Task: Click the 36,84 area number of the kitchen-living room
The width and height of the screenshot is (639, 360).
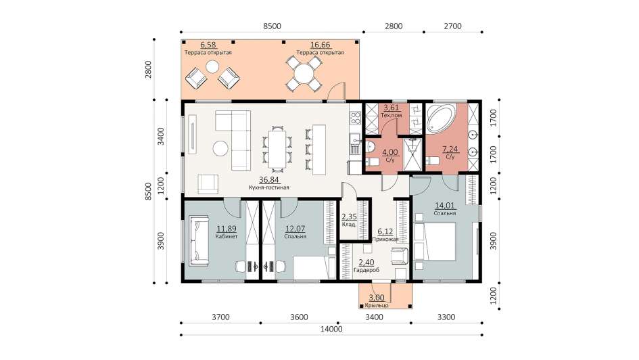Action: (x=269, y=180)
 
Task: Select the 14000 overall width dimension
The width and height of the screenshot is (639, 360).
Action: (x=331, y=329)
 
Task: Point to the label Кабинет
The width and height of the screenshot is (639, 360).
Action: (x=226, y=236)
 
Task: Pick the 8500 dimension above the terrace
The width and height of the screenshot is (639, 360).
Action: (x=272, y=26)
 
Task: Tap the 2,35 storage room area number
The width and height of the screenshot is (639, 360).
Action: (x=349, y=217)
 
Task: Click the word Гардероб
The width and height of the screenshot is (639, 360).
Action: (x=366, y=269)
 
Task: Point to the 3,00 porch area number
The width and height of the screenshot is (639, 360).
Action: (x=376, y=298)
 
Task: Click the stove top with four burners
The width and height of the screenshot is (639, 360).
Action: (x=356, y=118)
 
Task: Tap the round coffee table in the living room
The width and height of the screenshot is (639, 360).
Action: (x=221, y=148)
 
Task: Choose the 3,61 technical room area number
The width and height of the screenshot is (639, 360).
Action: (x=392, y=108)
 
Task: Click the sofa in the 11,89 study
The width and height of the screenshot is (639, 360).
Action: (x=199, y=241)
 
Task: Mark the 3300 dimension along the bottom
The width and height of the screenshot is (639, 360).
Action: (x=446, y=317)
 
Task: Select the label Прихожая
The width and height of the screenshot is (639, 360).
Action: (x=385, y=240)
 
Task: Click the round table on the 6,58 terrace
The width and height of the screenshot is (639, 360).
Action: (x=212, y=66)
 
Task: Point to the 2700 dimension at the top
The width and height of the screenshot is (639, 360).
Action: (x=452, y=26)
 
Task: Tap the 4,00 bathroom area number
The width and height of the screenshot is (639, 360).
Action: (x=389, y=153)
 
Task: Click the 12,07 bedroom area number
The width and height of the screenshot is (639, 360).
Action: (x=295, y=229)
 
